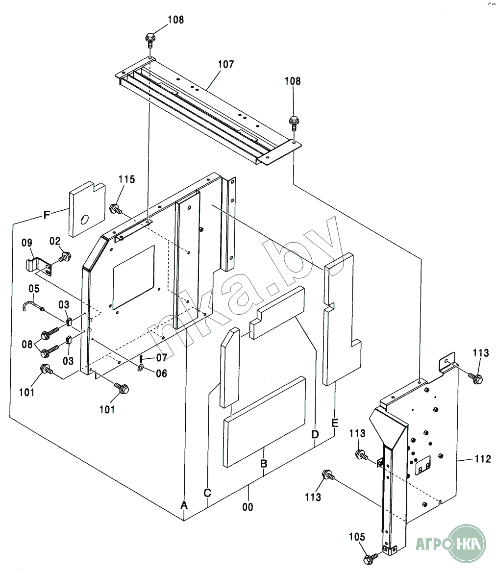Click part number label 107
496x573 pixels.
coord(226,64)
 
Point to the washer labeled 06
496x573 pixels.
coord(141,367)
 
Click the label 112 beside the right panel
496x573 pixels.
coord(482,459)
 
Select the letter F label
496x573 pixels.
coord(47,214)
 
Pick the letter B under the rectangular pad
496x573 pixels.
coord(264,463)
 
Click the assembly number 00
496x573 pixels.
coord(248,507)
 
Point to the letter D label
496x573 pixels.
coord(315,434)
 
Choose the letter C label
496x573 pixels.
coord(208,493)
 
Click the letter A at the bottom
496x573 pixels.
coord(184,504)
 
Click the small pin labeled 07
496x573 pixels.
coord(141,358)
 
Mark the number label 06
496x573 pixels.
coord(161,374)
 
